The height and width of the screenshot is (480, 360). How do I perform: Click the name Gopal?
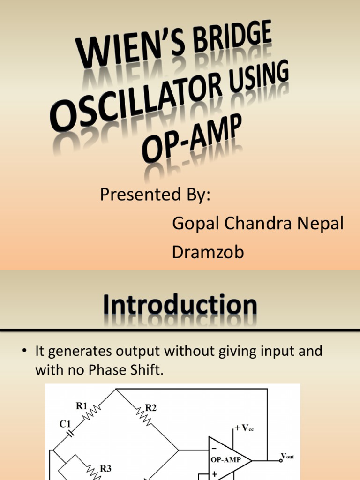point(196,224)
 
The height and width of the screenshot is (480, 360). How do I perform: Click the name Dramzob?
point(208,252)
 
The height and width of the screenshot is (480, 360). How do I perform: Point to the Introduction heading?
point(180,306)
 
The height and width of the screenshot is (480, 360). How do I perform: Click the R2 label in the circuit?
point(150,408)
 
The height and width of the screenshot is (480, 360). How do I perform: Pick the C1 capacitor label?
point(65,424)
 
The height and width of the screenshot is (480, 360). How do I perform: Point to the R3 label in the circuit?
point(106,468)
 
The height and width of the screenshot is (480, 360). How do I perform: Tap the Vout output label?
point(287,456)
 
